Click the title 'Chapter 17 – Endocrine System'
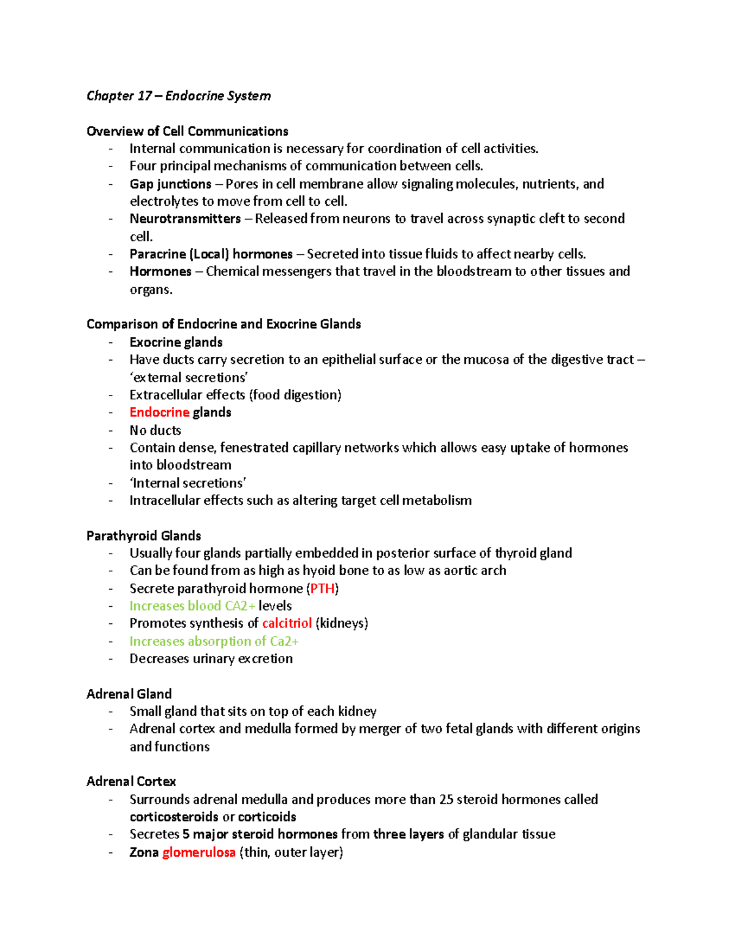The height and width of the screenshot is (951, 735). tap(178, 96)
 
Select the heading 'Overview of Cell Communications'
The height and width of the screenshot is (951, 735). tap(187, 131)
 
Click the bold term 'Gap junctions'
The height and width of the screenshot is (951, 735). tap(170, 184)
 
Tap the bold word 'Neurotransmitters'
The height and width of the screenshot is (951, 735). tap(185, 219)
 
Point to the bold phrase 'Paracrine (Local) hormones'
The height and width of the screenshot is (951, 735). tap(211, 254)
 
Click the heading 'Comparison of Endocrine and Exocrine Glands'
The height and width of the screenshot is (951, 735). tap(224, 324)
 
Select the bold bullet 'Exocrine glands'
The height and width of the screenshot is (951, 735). tap(176, 342)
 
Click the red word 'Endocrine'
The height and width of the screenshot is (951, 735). tap(159, 412)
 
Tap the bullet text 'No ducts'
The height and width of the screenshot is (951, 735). tap(155, 430)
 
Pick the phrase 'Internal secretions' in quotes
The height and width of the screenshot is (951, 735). tap(187, 483)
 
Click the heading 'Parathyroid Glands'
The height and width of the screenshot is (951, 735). tap(143, 536)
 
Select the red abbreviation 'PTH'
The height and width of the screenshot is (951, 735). tap(322, 588)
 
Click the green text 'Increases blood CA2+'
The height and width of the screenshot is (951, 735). tap(192, 606)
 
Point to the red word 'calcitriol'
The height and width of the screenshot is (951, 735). tap(287, 623)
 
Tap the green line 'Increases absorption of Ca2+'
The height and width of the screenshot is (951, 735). tap(214, 641)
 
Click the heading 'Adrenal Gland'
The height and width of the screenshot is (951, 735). tap(129, 694)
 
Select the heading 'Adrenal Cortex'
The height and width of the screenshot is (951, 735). tap(131, 781)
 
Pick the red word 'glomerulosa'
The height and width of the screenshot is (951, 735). tap(198, 852)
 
